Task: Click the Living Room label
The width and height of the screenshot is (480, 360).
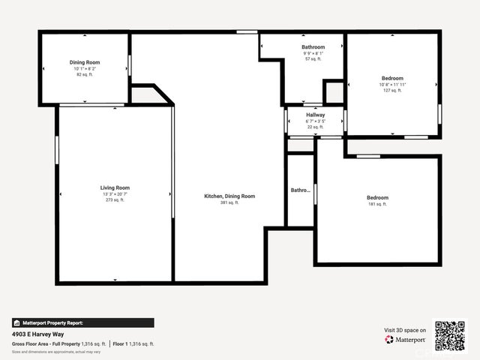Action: [x=115, y=187]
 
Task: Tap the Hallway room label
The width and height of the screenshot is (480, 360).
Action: [x=315, y=115]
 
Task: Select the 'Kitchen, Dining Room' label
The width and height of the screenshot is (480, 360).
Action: [x=229, y=196]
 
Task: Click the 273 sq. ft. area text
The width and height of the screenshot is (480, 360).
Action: [x=115, y=201]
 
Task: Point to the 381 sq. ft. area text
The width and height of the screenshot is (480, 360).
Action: [x=229, y=203]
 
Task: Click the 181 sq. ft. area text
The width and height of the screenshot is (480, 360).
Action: [x=377, y=205]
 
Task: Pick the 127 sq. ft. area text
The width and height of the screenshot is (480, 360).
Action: [x=392, y=91]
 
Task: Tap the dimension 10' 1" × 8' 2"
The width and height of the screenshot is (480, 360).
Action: [x=85, y=69]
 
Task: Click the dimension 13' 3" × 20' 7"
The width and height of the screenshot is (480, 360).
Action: [x=115, y=194]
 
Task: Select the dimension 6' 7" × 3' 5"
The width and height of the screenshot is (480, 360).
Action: [x=315, y=121]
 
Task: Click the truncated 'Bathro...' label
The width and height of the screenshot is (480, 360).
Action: [x=300, y=190]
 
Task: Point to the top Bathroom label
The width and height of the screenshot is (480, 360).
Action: [x=313, y=46]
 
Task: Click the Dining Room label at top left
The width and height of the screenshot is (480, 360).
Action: [x=85, y=62]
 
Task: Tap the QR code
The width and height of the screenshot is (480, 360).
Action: [x=450, y=335]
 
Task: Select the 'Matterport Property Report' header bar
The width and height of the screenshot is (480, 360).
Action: [x=82, y=322]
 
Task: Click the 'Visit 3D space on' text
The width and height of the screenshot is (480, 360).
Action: [x=405, y=330]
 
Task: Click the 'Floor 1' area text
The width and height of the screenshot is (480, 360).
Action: [x=134, y=343]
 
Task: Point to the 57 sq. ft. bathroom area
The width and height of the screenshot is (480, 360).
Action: [x=313, y=59]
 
